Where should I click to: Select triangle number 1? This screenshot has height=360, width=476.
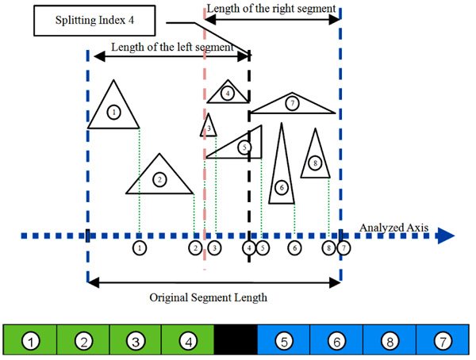(x=114, y=110)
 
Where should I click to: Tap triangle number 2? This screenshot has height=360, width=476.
(x=160, y=178)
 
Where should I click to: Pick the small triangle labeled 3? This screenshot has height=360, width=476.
(x=208, y=127)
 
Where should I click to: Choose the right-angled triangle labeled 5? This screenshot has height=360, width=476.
(x=240, y=147)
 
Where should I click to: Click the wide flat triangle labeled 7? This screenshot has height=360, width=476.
(x=293, y=104)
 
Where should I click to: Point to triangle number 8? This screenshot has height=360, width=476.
(x=315, y=159)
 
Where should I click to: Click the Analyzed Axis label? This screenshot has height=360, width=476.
(x=393, y=228)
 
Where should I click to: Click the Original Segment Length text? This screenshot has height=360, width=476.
(x=209, y=298)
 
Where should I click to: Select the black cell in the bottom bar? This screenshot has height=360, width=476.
(x=236, y=341)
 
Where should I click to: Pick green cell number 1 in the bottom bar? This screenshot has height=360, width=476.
(x=31, y=341)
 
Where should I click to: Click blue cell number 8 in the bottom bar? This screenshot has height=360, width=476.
(x=389, y=341)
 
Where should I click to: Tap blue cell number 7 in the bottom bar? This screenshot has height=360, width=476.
(x=441, y=341)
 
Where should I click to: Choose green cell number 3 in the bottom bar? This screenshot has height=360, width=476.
(x=136, y=341)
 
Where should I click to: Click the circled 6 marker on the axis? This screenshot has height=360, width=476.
(x=294, y=248)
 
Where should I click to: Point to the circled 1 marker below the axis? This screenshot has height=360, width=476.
(x=140, y=248)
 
